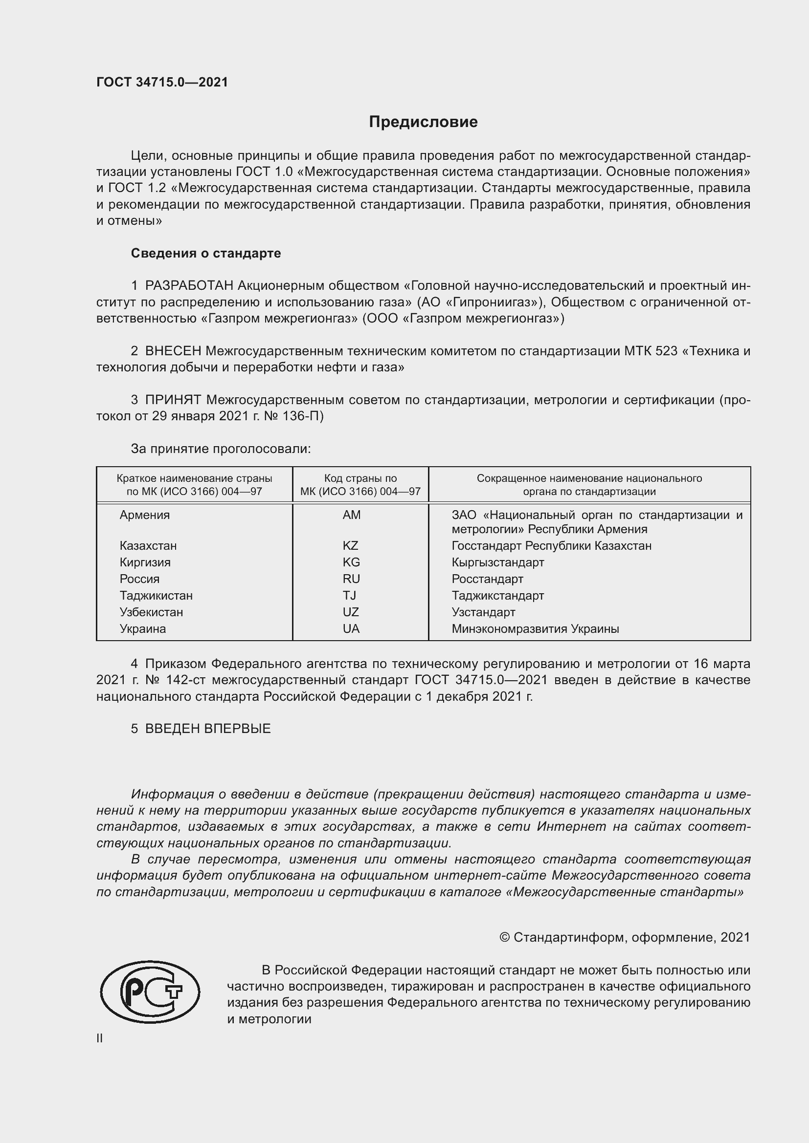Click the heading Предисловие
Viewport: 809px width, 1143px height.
(x=423, y=122)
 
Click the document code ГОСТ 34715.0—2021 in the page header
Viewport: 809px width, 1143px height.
(x=162, y=82)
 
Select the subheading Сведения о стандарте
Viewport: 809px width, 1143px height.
(x=206, y=254)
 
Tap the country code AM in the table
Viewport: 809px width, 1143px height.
(x=351, y=515)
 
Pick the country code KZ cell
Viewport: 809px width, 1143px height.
(x=350, y=546)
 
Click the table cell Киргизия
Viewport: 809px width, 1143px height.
(x=145, y=562)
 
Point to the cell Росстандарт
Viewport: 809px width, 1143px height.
(x=487, y=579)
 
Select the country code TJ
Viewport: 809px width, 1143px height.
(x=349, y=595)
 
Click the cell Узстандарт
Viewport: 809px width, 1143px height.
(x=483, y=612)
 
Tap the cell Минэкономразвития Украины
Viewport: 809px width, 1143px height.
(x=535, y=629)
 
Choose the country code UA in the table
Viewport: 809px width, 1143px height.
(x=351, y=629)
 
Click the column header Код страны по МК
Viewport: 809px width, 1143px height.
(x=360, y=485)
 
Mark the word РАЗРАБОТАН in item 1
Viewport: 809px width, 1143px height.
(x=189, y=286)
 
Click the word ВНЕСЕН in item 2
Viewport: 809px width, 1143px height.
(x=173, y=351)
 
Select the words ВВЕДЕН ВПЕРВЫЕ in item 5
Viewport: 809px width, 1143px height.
(x=208, y=729)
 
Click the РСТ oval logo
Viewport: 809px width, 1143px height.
(x=150, y=992)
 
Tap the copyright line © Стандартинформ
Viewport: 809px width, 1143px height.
(x=624, y=937)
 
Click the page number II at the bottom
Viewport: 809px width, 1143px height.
(x=100, y=1038)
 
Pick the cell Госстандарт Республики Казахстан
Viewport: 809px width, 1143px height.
(x=551, y=546)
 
